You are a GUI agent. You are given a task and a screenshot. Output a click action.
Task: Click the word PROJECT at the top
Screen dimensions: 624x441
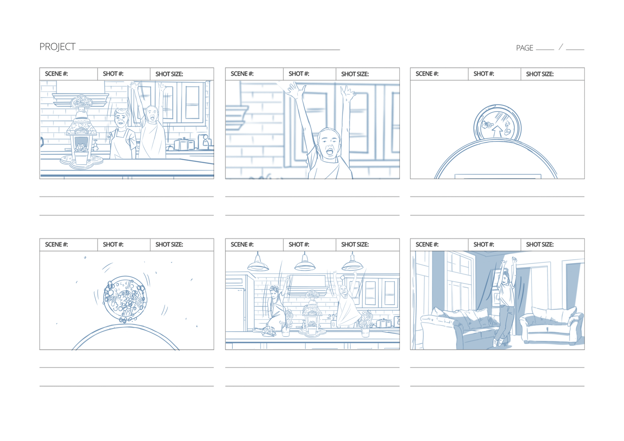57,47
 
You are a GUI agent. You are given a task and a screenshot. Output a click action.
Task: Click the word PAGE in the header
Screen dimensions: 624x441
525,48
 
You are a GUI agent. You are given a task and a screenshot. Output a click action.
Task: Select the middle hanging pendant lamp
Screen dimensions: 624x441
305,263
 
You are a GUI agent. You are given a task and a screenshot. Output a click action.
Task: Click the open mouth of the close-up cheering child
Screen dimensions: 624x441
330,152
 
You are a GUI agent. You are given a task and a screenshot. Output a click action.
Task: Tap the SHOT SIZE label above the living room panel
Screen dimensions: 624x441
540,245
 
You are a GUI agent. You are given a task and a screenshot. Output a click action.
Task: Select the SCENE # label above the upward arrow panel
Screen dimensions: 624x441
427,74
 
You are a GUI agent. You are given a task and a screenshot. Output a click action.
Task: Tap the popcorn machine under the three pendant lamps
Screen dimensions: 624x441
312,312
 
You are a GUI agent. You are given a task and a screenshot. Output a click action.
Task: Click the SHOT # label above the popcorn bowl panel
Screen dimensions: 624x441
113,245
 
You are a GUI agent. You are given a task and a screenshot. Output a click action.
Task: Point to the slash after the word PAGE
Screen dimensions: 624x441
561,47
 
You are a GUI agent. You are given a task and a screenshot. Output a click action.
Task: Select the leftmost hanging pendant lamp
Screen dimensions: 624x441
258,263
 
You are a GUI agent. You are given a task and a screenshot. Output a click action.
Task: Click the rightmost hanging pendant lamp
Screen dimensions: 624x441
353,263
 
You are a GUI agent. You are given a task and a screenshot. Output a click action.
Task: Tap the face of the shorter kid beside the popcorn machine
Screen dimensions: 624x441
121,119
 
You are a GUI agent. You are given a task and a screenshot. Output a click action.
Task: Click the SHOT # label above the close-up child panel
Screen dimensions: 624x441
299,74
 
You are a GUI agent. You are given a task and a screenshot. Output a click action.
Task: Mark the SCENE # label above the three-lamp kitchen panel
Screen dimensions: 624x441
242,245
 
